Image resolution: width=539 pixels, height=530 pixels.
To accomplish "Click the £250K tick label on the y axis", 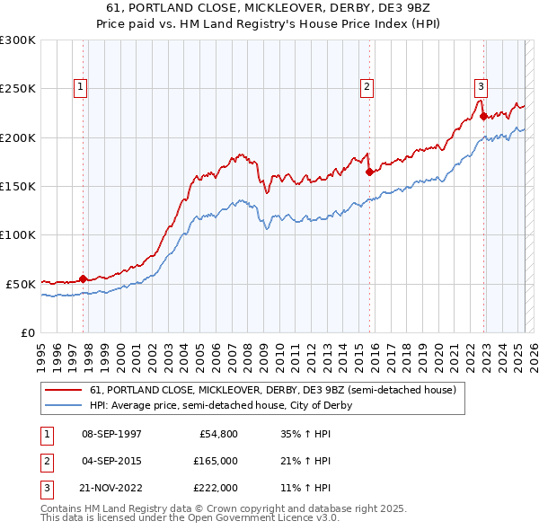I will coord(18,89).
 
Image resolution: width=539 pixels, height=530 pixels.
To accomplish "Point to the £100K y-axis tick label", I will coord(18,234).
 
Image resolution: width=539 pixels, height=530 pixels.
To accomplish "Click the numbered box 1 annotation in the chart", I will coord(81,87).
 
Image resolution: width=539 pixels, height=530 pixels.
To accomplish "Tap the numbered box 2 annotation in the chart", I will coord(367,87).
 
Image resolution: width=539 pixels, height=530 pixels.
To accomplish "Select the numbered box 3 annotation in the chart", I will coord(481,87).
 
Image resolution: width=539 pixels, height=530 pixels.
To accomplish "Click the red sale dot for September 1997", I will coord(84,278).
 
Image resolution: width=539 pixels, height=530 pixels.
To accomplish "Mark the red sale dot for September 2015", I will coord(369,172).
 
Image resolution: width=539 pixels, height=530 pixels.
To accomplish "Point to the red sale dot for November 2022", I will coord(483,116).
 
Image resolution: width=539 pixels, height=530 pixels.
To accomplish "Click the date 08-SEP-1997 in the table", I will coord(111,435).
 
